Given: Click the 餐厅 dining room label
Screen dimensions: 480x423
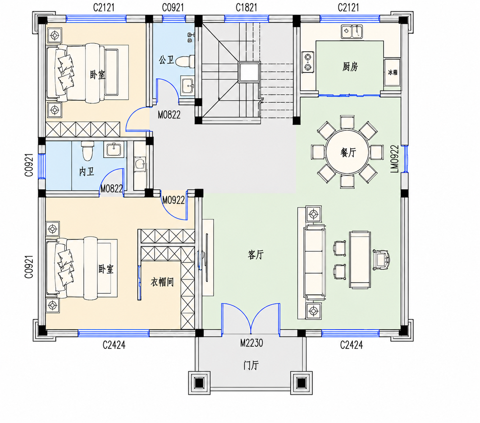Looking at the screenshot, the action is (348, 153).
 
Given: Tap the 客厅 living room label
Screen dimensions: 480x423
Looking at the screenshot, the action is (256, 255).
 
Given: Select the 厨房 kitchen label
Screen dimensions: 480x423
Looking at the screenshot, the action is (350, 66).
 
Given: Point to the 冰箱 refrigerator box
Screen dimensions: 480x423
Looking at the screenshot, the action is (392, 72).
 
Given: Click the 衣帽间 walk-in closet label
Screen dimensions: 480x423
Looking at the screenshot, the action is (162, 282).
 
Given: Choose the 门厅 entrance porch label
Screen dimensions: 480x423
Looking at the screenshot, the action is (251, 365).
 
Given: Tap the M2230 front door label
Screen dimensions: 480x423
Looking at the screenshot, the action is (251, 343).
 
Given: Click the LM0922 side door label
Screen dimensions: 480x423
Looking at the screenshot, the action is (394, 159).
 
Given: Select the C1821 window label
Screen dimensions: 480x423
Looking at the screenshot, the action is (246, 8).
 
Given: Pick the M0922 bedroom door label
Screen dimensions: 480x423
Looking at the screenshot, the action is (173, 200).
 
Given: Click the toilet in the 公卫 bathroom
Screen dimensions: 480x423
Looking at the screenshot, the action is (186, 61).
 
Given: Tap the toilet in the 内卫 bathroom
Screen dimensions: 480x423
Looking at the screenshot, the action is (87, 151).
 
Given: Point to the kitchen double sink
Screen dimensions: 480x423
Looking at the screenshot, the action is (352, 32).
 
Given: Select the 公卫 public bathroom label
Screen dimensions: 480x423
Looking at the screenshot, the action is (166, 60).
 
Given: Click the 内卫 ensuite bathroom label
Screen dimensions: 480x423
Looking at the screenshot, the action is (87, 172).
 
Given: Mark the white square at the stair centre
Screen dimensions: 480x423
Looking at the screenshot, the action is (249, 72).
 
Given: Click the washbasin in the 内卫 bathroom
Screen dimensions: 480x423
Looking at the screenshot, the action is (114, 150).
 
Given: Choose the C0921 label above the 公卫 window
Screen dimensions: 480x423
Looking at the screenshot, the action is (173, 8).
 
